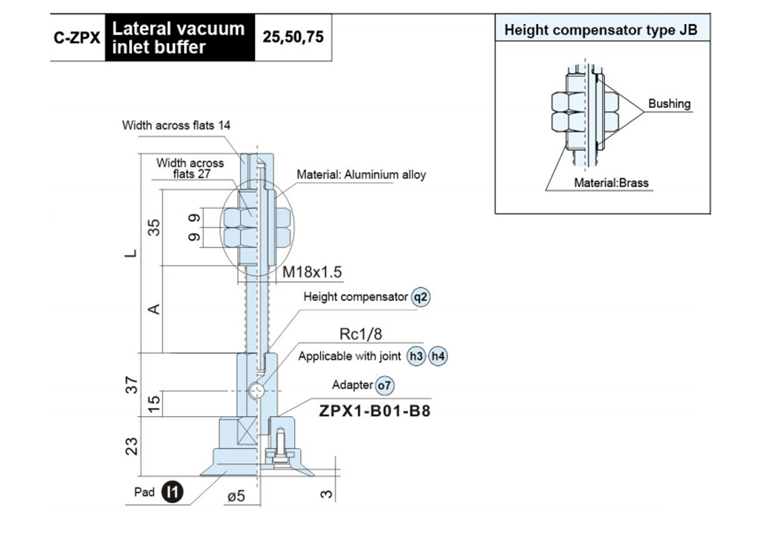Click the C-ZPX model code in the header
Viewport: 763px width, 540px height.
coord(77,37)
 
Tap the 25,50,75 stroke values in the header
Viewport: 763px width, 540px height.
coord(293,37)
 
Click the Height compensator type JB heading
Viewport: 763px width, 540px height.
coord(601,30)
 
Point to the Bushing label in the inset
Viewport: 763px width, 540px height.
coord(670,104)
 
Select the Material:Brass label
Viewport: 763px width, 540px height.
coord(611,183)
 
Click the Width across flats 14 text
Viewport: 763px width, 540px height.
coord(176,125)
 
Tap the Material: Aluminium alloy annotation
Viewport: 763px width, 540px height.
coord(361,175)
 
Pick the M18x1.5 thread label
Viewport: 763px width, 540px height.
coord(312,272)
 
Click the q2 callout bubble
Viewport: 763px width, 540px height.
coord(421,297)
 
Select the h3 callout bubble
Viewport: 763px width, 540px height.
coord(416,356)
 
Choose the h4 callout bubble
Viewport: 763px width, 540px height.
coord(438,356)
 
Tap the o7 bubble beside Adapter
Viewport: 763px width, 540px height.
coord(385,386)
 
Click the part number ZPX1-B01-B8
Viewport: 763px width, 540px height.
coord(375,411)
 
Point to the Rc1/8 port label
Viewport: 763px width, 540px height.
coord(361,334)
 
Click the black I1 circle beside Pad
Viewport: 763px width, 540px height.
coord(172,492)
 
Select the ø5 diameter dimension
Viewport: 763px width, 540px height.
coord(237,496)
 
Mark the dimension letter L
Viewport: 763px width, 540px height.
coord(130,253)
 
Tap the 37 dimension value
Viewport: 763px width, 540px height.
coord(132,385)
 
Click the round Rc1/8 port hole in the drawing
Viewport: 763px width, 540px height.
coord(256,391)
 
